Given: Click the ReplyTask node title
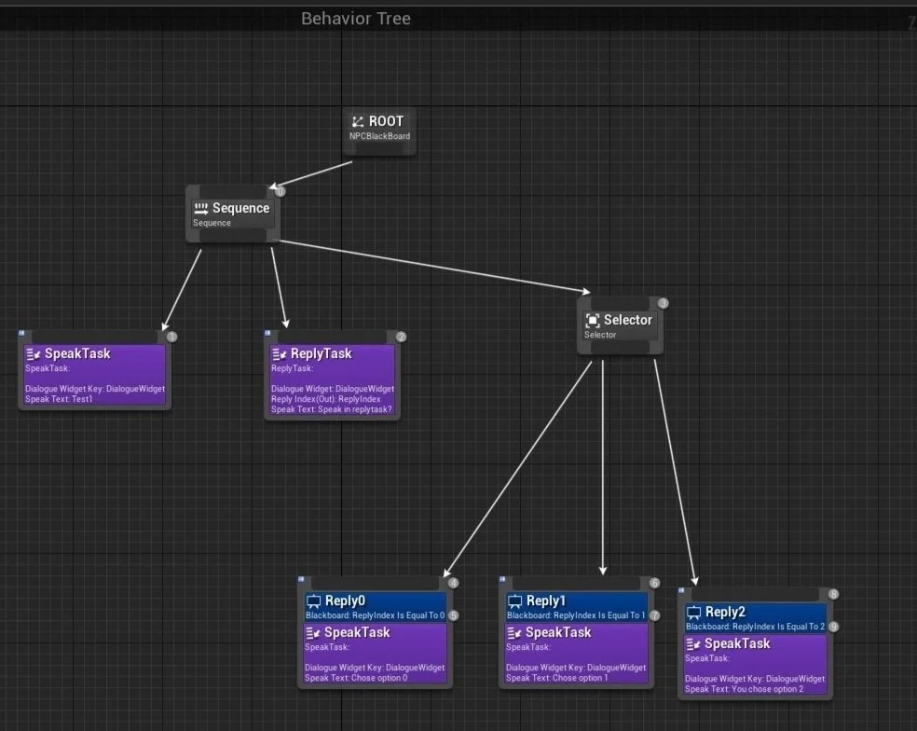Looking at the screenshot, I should pyautogui.click(x=321, y=353).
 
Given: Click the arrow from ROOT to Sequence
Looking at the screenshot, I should pyautogui.click(x=312, y=175).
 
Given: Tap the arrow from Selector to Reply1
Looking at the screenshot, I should pyautogui.click(x=603, y=466).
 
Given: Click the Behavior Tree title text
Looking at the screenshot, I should pyautogui.click(x=355, y=19).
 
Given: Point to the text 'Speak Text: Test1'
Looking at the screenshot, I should pyautogui.click(x=59, y=399).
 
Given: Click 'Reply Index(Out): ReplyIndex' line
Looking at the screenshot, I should pyautogui.click(x=326, y=399).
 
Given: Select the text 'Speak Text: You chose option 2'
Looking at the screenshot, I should pyautogui.click(x=744, y=689).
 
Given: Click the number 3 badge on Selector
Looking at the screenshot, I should pyautogui.click(x=664, y=303).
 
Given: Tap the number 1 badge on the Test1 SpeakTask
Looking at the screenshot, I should pyautogui.click(x=171, y=337).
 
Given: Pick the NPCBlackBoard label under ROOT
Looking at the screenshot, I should pyautogui.click(x=378, y=136).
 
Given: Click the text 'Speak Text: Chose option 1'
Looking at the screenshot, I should pyautogui.click(x=556, y=678).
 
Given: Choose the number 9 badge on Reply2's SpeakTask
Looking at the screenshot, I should pyautogui.click(x=833, y=627).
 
